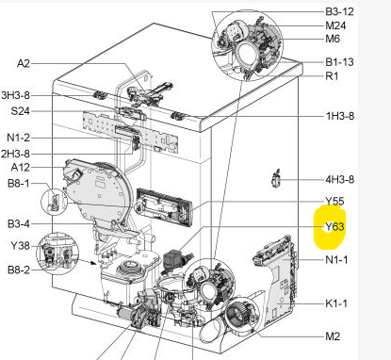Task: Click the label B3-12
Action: click(x=339, y=12)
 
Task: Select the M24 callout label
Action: click(x=335, y=25)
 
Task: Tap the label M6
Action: click(x=333, y=39)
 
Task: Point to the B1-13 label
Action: click(x=339, y=62)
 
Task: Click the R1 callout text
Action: click(x=332, y=76)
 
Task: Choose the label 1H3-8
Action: click(x=340, y=116)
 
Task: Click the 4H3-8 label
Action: click(x=340, y=180)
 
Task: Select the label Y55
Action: click(x=334, y=202)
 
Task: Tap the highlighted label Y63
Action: click(x=334, y=226)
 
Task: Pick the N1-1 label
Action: click(x=336, y=260)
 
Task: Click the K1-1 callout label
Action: click(x=336, y=303)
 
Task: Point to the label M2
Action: click(x=333, y=336)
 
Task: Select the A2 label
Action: click(x=24, y=63)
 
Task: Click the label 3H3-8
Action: click(x=16, y=95)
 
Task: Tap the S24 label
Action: click(x=20, y=111)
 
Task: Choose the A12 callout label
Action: click(x=21, y=167)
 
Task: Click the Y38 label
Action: click(x=21, y=246)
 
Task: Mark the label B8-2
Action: click(x=19, y=270)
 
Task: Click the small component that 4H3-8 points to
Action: click(x=276, y=179)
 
